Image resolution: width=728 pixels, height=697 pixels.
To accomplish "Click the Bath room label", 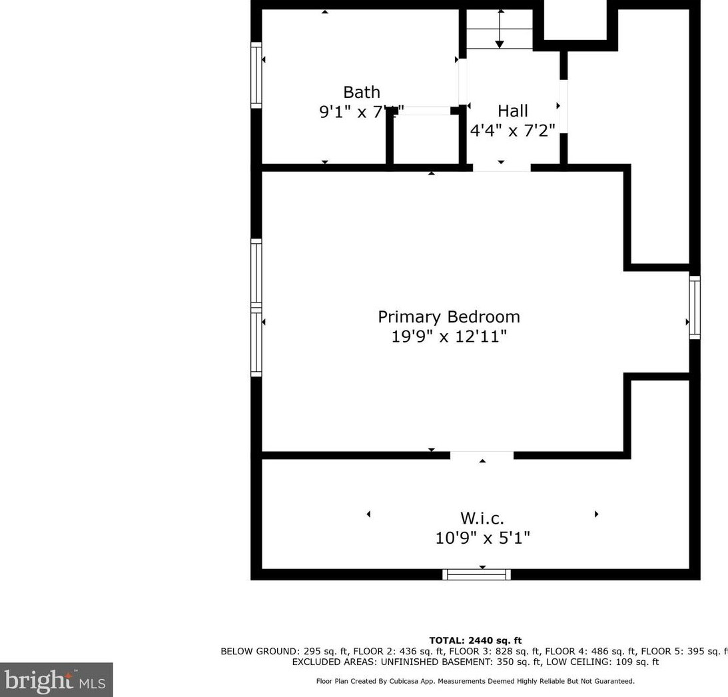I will [x=362, y=92].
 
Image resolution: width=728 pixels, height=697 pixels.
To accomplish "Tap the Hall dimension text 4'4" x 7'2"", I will [x=512, y=130].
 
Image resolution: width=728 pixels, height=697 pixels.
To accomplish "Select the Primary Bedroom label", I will [x=449, y=317].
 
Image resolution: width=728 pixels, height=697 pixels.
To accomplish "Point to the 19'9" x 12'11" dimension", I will [x=449, y=337].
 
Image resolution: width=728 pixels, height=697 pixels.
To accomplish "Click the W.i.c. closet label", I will [x=482, y=518].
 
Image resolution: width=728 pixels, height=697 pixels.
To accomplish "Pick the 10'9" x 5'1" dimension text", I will [x=482, y=538].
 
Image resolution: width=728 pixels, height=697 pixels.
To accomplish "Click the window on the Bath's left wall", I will [x=256, y=75].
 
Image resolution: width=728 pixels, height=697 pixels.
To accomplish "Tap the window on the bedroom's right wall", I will [x=695, y=307].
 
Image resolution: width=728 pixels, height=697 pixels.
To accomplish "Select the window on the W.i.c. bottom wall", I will [x=477, y=574].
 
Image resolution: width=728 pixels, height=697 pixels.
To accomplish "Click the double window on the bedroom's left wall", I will [x=256, y=307].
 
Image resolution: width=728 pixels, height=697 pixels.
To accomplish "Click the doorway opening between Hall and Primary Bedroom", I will [x=502, y=167].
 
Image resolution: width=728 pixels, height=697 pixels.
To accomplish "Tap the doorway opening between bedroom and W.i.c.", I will [x=482, y=456].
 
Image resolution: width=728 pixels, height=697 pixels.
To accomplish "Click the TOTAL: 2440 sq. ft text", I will [x=475, y=640].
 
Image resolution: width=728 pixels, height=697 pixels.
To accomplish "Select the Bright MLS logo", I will [x=56, y=680].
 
